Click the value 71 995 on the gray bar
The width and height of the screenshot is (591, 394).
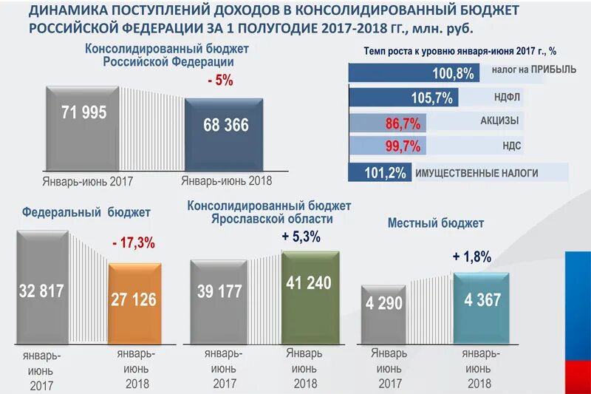pyautogui.click(x=83, y=113)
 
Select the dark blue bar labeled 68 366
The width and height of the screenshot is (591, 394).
pyautogui.click(x=224, y=133)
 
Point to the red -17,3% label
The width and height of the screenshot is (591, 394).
pyautogui.click(x=134, y=242)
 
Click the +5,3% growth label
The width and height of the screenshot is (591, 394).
pyautogui.click(x=301, y=237)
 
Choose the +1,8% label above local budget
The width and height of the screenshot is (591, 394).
pyautogui.click(x=471, y=257)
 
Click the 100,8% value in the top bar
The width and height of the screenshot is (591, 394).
pyautogui.click(x=452, y=73)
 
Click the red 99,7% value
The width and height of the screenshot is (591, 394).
pyautogui.click(x=402, y=146)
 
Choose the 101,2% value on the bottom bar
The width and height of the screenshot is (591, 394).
pyautogui.click(x=385, y=173)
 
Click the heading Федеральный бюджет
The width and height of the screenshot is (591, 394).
pyautogui.click(x=86, y=212)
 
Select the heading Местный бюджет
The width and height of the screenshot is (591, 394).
pyautogui.click(x=435, y=223)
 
